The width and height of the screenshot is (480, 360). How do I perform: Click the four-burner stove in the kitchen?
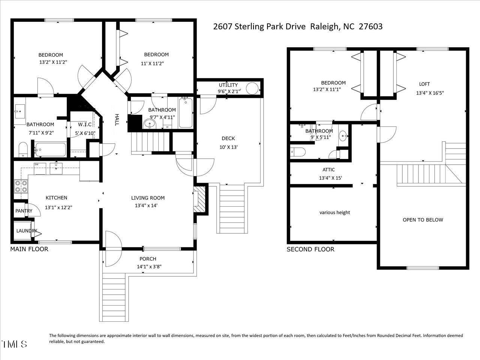pos(21,186)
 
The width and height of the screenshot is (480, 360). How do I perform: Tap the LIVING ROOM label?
pos(148,198)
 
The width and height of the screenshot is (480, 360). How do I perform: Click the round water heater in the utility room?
pos(252,88)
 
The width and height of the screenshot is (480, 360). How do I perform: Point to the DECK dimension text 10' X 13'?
pos(228,147)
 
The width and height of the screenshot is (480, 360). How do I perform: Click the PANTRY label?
pos(24,211)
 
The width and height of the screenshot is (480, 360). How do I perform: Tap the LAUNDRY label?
pos(27,231)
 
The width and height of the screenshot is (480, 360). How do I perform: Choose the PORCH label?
pos(148,259)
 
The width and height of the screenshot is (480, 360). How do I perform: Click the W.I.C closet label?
pos(85,124)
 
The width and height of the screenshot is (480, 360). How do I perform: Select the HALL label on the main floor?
pos(117,120)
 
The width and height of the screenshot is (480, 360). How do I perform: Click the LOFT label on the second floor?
pos(424,84)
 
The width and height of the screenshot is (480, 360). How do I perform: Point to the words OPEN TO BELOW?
pos(423,220)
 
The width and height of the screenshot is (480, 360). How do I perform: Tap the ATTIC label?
pos(328,169)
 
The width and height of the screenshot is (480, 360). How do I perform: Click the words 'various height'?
pos(334,213)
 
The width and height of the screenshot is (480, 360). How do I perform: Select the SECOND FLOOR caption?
pos(310,249)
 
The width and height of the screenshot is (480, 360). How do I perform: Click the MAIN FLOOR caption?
pos(29,249)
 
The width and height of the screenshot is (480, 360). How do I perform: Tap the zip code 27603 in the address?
pos(370,27)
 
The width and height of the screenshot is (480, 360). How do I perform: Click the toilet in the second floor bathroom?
pos(298,152)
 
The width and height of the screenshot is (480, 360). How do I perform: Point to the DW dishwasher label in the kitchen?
pos(36,164)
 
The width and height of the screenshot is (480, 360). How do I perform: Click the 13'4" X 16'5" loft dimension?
pos(430,93)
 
